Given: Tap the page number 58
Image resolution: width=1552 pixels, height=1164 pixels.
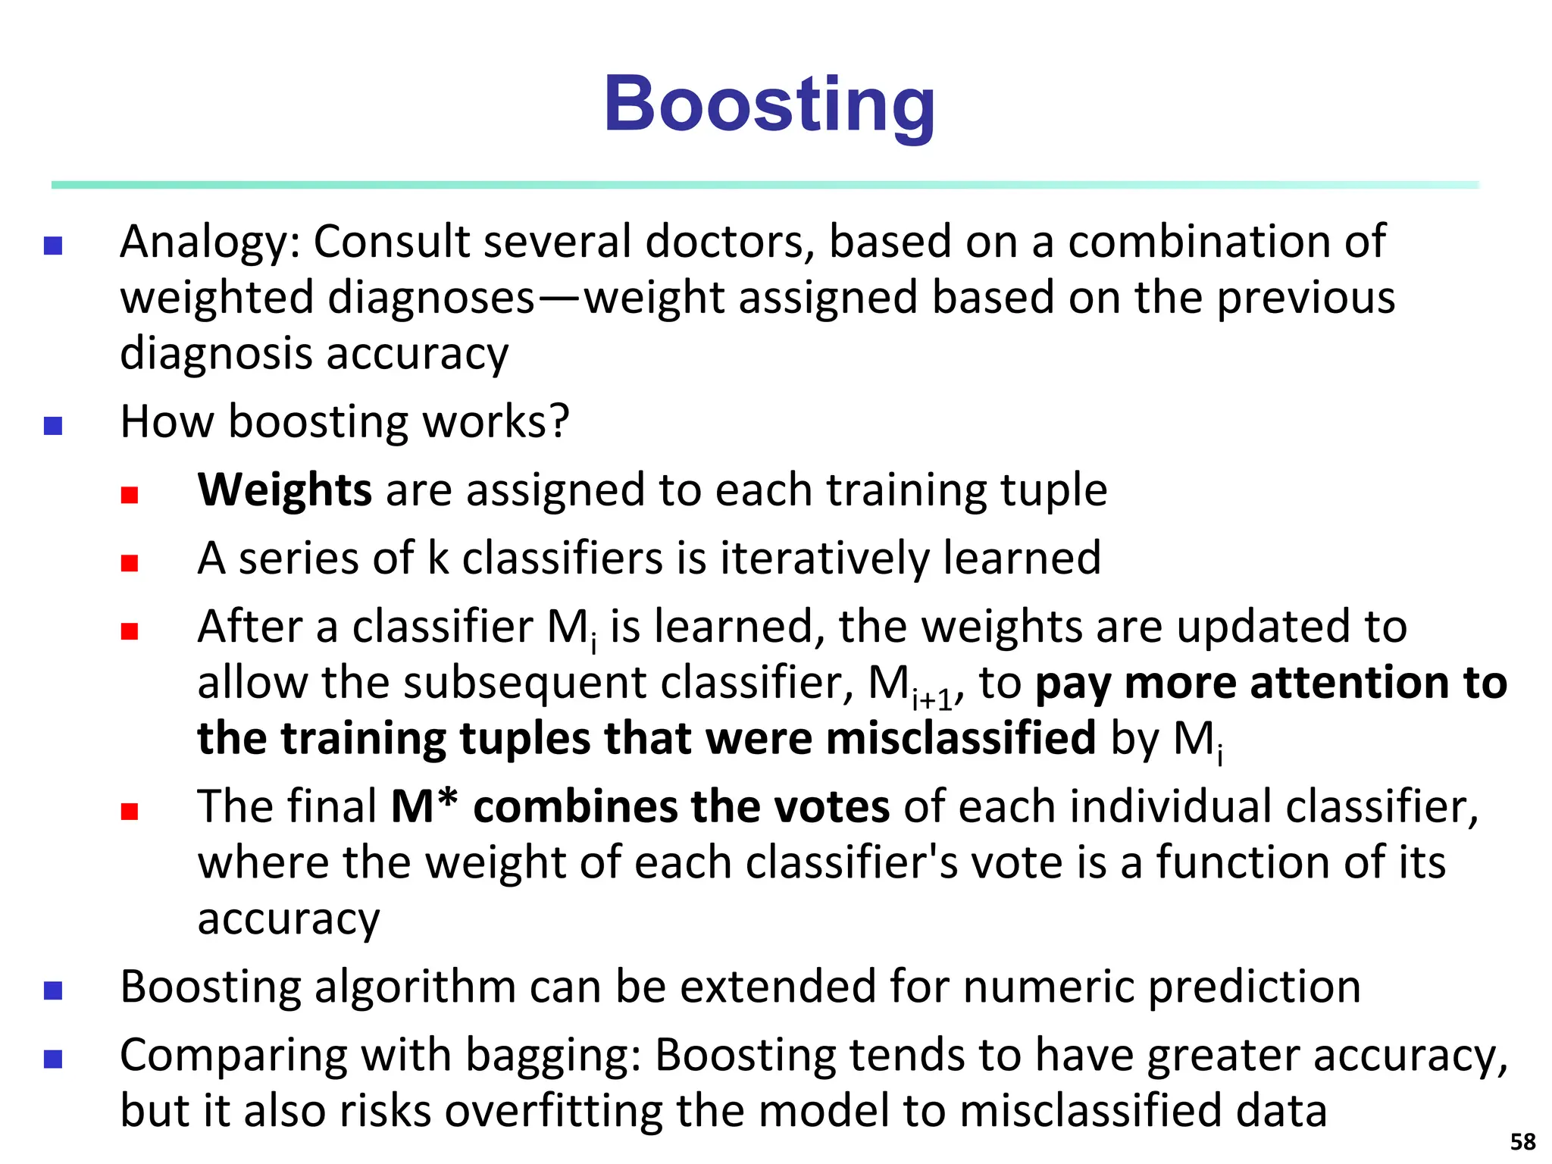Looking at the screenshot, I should [x=1522, y=1141].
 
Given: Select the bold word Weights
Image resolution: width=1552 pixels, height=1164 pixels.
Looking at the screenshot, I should [x=284, y=490].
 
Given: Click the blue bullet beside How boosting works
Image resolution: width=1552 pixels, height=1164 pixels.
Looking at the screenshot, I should [x=53, y=426].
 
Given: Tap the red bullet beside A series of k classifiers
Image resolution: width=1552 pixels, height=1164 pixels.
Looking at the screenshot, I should [x=130, y=563].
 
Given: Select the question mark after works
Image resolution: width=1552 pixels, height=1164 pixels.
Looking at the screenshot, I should [x=559, y=421].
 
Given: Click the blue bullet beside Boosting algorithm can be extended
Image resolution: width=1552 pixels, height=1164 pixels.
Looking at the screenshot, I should [x=53, y=990].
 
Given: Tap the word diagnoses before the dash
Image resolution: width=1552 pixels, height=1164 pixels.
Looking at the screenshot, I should [x=432, y=298].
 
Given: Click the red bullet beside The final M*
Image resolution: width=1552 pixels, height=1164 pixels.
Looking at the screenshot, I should [x=130, y=812].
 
